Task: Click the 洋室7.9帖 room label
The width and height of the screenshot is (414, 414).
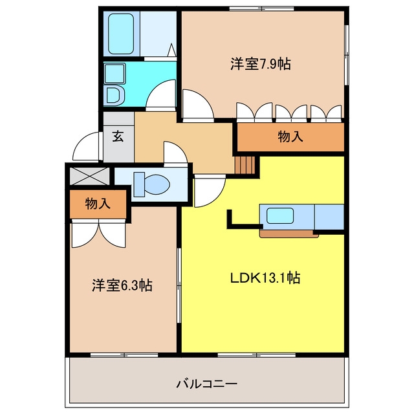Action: point(261,63)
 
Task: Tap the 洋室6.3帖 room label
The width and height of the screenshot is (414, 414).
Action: point(122,285)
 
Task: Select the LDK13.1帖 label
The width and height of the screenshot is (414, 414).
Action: point(265,278)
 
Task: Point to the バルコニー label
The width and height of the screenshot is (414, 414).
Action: point(207,384)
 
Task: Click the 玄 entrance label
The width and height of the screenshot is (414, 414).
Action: point(118,136)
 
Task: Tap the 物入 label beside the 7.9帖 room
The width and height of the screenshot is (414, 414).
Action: point(290,136)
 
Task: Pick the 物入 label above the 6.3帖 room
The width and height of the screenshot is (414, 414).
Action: point(98,204)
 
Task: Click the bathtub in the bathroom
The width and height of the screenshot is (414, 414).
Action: point(121,34)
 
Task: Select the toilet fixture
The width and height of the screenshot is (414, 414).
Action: point(151,184)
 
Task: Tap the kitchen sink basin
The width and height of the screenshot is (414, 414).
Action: point(280,215)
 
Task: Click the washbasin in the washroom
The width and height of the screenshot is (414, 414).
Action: point(114,74)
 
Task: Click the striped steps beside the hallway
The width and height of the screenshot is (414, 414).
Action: point(245,165)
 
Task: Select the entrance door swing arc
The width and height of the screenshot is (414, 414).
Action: point(86,146)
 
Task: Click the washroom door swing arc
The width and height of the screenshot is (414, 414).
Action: point(161,95)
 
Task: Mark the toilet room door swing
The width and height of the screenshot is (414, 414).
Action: point(175,153)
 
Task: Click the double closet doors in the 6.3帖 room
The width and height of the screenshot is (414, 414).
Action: point(98,234)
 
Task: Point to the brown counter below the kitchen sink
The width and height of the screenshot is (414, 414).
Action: point(289,234)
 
